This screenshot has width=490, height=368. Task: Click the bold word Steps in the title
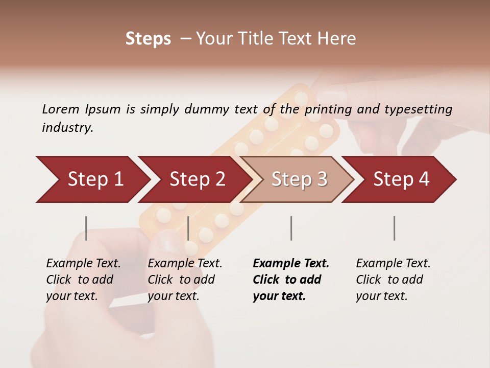point(148,39)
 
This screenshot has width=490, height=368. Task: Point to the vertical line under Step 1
point(86,228)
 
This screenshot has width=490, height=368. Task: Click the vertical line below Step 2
point(188,228)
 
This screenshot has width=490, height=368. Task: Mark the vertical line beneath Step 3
point(291,228)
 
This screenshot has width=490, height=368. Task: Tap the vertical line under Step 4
point(394,228)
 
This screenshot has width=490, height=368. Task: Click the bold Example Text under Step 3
point(290,280)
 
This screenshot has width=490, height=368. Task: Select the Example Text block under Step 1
point(83,280)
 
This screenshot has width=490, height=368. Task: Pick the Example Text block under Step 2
point(185,280)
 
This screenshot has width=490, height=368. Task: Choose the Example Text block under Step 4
point(393,280)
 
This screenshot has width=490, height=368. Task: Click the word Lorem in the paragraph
point(60,109)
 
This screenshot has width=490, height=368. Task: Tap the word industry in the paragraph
point(67,127)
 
